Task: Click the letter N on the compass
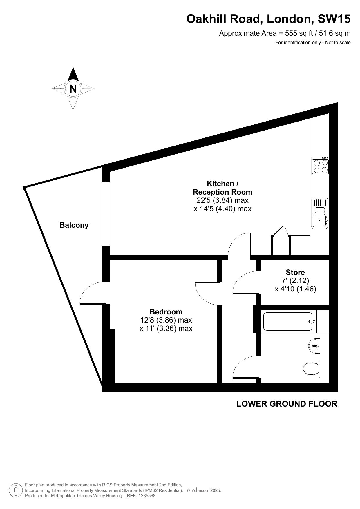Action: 73,88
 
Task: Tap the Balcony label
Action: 74,225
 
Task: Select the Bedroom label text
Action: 166,312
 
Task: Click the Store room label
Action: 295,272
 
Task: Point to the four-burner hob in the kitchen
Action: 321,166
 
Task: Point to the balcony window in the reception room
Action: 106,214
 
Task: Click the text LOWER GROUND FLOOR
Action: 287,404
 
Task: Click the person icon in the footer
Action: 16,490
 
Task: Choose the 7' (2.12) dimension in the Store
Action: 295,280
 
